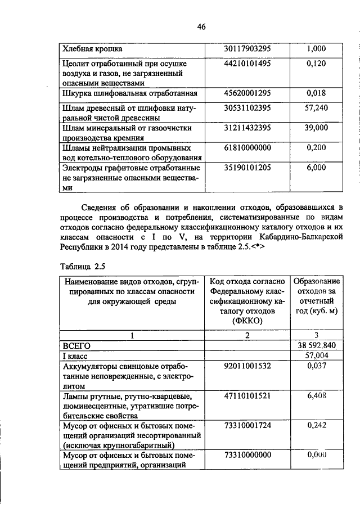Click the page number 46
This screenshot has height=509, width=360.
[x=201, y=26]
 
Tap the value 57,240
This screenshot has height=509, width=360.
[x=316, y=107]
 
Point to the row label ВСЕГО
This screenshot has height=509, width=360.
[x=76, y=346]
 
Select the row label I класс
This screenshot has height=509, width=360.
[x=76, y=356]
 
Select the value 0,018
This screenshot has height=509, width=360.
[x=316, y=92]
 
